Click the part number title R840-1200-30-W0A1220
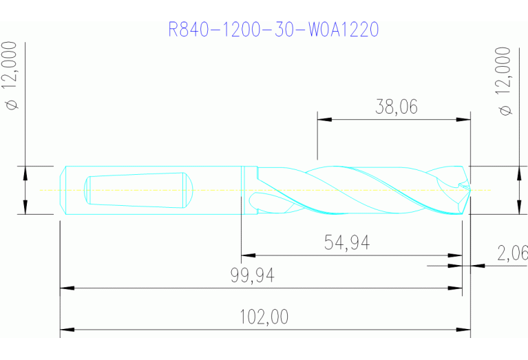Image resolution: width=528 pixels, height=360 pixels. (273, 30)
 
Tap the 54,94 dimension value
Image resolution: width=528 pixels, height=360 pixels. (346, 242)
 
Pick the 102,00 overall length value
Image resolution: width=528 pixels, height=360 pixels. (264, 317)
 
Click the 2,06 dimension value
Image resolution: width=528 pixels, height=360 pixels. (512, 253)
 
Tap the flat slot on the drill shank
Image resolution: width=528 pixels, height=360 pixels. (138, 189)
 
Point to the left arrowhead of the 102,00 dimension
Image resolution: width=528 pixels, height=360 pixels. (65, 330)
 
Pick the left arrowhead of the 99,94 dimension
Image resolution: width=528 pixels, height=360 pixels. (65, 288)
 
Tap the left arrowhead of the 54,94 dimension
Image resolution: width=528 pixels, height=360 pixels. (245, 255)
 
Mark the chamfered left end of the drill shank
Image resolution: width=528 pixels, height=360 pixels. (63, 190)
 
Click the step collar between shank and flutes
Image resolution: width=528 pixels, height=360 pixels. (243, 190)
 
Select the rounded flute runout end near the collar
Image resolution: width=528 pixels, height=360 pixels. (254, 202)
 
